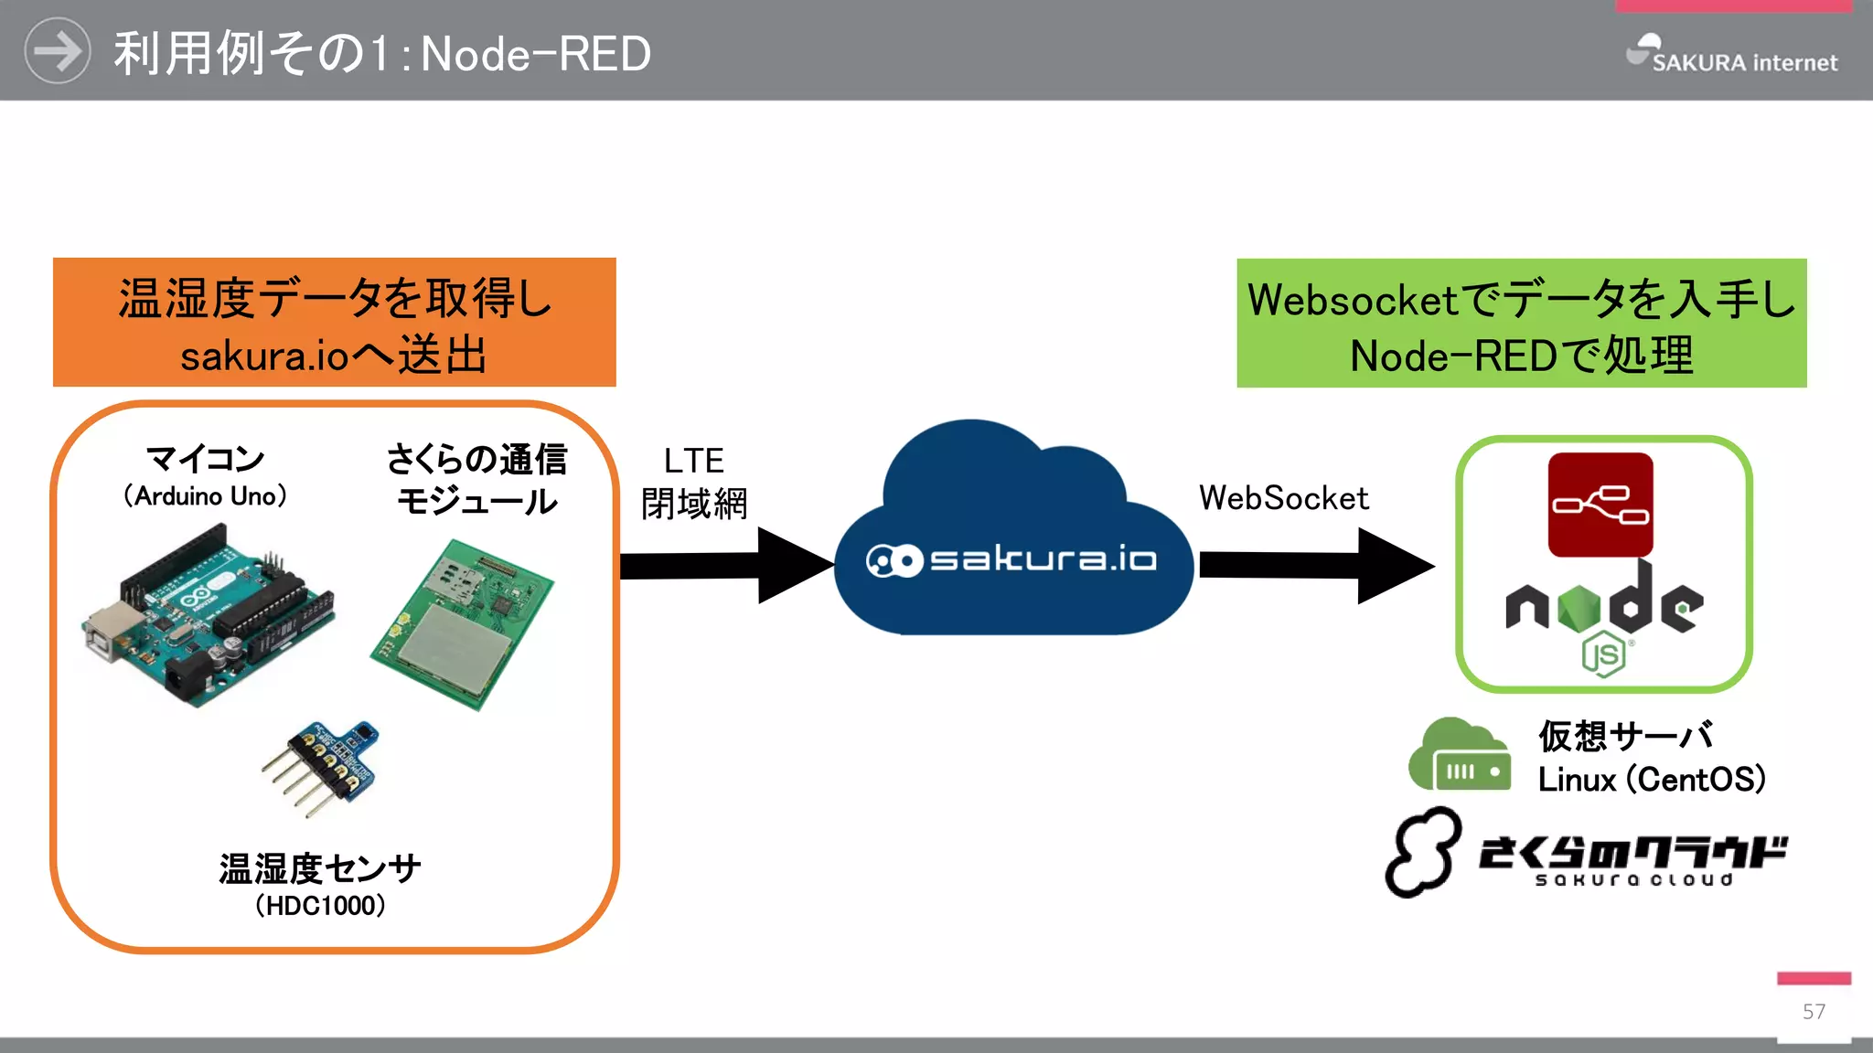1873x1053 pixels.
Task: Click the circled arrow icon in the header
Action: tap(57, 51)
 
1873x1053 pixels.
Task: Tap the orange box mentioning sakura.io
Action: tap(334, 323)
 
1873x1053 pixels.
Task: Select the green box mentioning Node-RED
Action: tap(1521, 324)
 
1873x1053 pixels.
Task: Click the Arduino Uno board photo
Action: tap(209, 616)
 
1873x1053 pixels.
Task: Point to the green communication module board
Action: tap(463, 625)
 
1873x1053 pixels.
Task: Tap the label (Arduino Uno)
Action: tap(206, 496)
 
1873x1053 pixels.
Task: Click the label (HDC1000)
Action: tap(320, 906)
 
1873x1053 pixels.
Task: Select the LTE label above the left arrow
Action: tap(693, 461)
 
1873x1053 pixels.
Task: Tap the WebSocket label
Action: tap(1283, 498)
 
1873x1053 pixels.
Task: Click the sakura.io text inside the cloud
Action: tap(1043, 558)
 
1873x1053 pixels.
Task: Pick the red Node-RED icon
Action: tap(1600, 505)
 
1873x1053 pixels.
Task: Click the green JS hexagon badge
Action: tap(1603, 654)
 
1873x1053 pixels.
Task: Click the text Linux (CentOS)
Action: tap(1651, 780)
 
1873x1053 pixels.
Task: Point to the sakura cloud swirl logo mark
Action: tap(1422, 852)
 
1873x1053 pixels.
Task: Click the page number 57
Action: tap(1814, 1011)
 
